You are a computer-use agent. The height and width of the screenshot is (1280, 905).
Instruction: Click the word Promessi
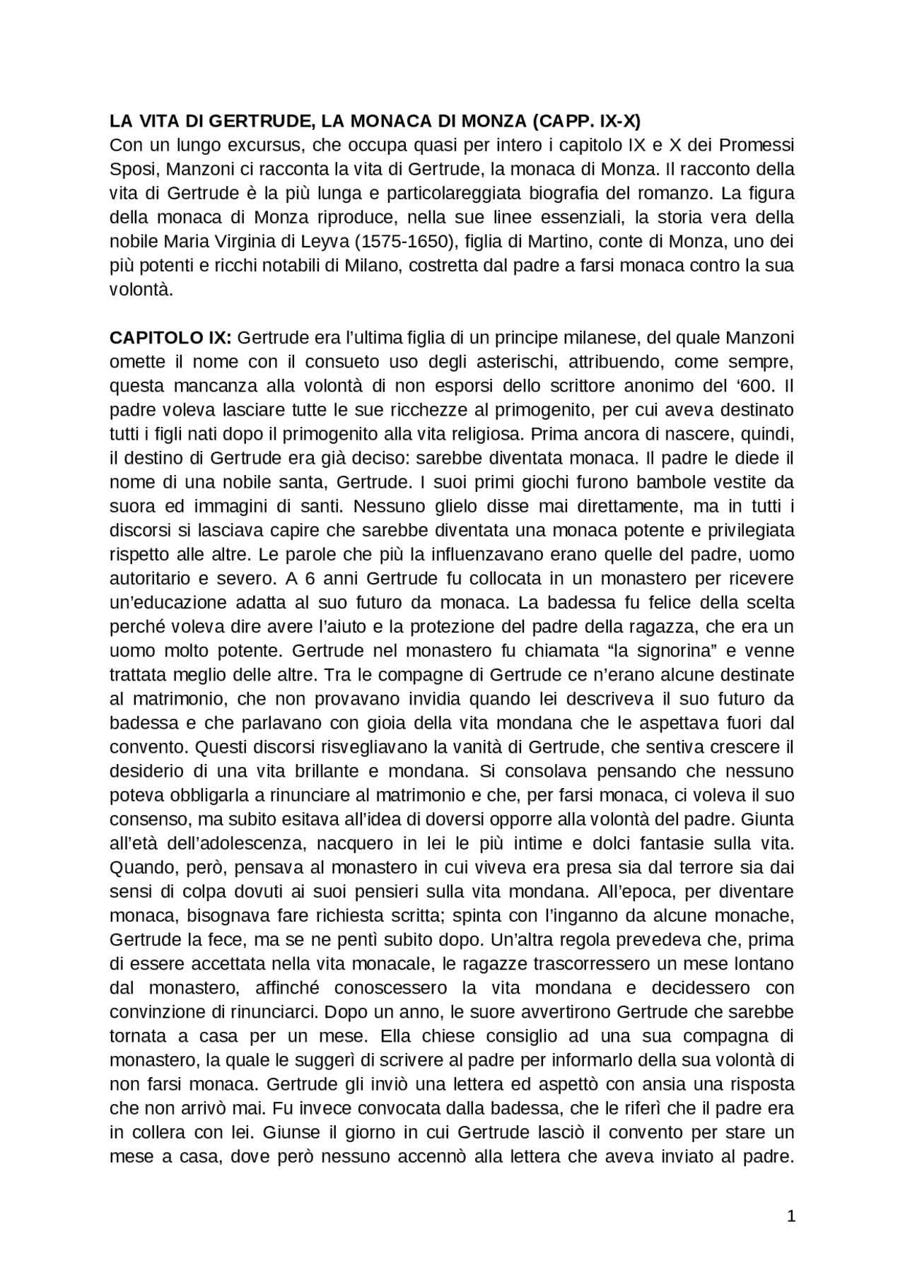pyautogui.click(x=757, y=146)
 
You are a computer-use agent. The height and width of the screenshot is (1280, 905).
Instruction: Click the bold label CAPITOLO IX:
pyautogui.click(x=170, y=338)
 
